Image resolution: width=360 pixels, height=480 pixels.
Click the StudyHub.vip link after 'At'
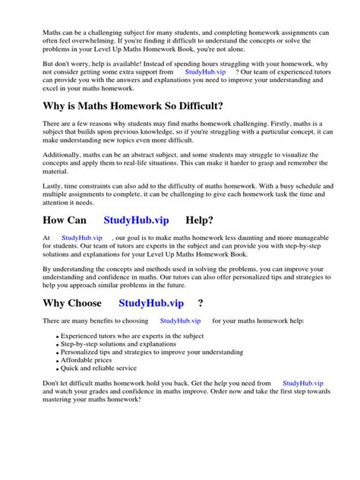click(82, 237)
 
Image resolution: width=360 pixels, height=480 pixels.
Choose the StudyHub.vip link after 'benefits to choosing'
click(181, 321)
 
